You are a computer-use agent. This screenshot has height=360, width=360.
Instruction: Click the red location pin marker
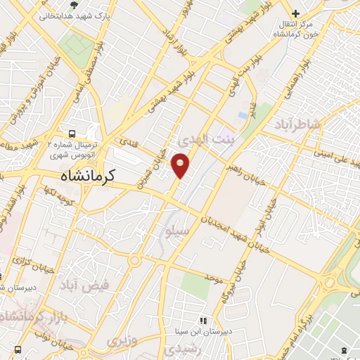tap(181, 165)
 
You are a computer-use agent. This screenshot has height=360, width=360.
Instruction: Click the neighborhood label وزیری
tap(123, 341)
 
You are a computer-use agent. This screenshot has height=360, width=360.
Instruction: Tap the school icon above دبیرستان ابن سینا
tap(203, 320)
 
